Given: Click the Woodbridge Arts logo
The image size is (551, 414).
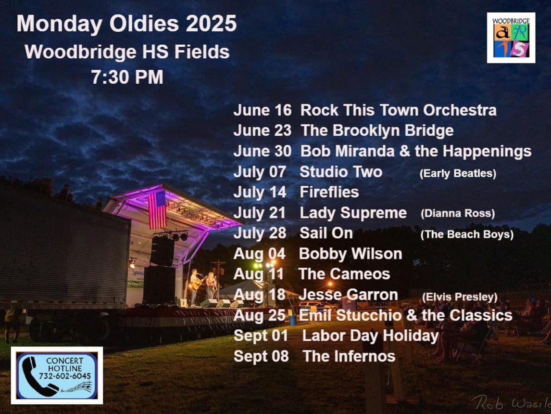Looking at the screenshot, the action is pyautogui.click(x=511, y=38).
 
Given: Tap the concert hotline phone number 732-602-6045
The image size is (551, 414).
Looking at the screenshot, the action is pyautogui.click(x=64, y=376).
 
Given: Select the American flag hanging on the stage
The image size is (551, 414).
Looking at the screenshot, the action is pyautogui.click(x=157, y=210).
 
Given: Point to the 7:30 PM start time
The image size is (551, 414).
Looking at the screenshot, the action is pyautogui.click(x=127, y=77).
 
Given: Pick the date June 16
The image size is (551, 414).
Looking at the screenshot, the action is pyautogui.click(x=262, y=110).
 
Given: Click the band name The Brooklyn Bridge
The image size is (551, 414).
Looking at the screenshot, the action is pyautogui.click(x=377, y=130).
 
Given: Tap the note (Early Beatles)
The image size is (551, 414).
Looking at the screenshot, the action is pyautogui.click(x=458, y=173).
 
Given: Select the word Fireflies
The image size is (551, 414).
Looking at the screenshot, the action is pyautogui.click(x=329, y=192).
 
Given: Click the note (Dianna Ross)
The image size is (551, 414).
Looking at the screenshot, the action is pyautogui.click(x=458, y=213).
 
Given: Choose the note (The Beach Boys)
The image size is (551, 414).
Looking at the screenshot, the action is pyautogui.click(x=467, y=234).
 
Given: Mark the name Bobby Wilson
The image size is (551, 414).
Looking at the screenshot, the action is pyautogui.click(x=351, y=254).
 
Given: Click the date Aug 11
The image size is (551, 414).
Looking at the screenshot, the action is pyautogui.click(x=258, y=274).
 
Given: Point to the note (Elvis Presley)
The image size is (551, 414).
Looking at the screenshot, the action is pyautogui.click(x=460, y=297).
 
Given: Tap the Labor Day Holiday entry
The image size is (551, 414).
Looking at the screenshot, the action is pyautogui.click(x=370, y=336).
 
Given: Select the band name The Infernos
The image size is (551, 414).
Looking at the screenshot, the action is pyautogui.click(x=349, y=356).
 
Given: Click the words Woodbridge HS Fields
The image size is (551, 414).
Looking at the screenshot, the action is pyautogui.click(x=127, y=52).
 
